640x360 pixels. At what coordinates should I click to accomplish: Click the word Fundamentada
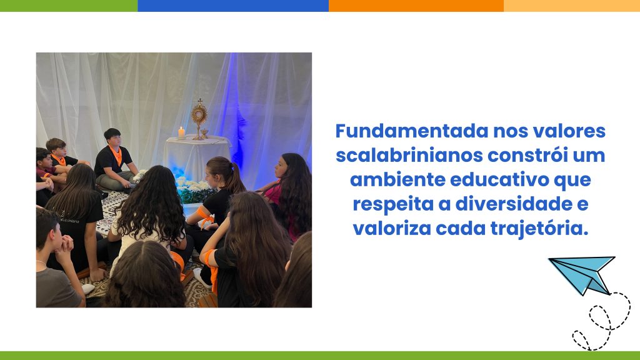412,131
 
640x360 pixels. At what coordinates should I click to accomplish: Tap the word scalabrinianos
409,156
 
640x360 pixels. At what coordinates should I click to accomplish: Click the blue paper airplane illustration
582,274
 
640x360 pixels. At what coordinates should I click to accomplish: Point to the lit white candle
181,132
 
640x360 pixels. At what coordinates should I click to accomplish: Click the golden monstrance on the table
199,119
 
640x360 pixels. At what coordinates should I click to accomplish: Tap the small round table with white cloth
196,157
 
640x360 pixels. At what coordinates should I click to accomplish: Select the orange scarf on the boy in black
116,155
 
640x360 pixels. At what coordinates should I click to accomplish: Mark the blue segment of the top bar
233,6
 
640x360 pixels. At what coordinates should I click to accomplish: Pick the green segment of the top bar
69,6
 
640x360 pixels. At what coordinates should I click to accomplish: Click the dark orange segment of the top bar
416,6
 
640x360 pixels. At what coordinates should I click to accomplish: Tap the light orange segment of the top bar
572,6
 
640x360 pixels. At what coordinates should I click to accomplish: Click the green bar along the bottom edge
320,356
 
